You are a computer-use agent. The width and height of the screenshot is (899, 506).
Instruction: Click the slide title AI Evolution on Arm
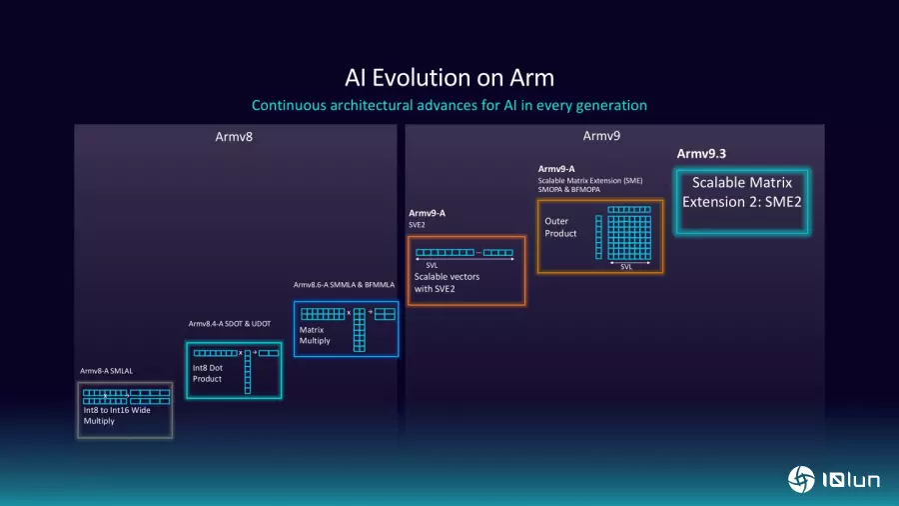449,78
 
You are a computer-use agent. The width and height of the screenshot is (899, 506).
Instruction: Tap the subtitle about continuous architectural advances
449,105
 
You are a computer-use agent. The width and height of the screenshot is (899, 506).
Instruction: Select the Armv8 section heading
234,136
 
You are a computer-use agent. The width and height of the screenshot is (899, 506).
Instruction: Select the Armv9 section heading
602,136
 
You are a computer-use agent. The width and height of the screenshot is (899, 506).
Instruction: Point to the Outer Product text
560,227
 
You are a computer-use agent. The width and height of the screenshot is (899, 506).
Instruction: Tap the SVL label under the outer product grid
626,267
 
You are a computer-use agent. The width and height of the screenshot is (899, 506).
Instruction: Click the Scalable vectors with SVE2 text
447,283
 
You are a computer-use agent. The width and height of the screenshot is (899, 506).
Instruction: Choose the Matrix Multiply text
315,335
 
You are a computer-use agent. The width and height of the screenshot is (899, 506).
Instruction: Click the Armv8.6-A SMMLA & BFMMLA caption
344,285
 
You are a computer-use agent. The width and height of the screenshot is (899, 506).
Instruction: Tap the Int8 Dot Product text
208,374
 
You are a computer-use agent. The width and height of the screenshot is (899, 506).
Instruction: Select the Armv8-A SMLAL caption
106,371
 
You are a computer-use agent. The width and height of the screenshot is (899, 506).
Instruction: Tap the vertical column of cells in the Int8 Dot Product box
247,372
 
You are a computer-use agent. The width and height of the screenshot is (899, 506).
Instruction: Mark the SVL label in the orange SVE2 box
432,264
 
